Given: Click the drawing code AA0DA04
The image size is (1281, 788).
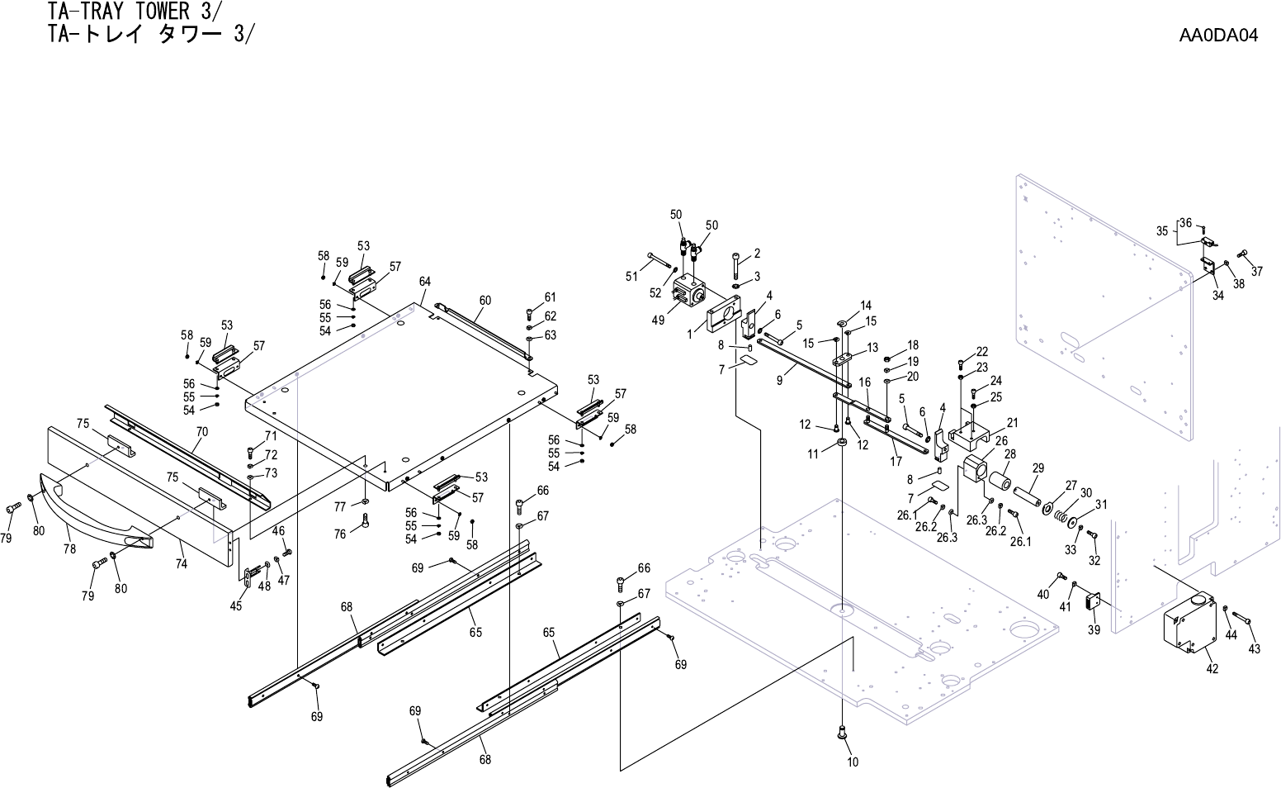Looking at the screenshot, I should click(x=1217, y=36).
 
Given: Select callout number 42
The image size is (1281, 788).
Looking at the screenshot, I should click(x=1212, y=669).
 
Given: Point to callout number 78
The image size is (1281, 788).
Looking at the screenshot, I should click(x=69, y=548).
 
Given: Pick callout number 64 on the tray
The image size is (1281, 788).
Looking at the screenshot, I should click(x=424, y=282).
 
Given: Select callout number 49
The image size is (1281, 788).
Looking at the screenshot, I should click(x=658, y=320).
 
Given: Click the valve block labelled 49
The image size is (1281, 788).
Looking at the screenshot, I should click(x=688, y=293).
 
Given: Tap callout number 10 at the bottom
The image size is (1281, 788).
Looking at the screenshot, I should click(x=853, y=762).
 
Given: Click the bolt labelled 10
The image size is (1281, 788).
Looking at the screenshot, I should click(x=841, y=730).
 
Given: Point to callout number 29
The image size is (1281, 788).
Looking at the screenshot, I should click(x=1038, y=468).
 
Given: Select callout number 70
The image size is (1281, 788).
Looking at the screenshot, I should click(x=202, y=432).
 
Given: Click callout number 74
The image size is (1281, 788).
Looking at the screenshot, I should click(x=181, y=564).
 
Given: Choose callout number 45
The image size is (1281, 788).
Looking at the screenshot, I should click(x=236, y=606).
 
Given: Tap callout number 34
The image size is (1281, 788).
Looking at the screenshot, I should click(x=1217, y=297).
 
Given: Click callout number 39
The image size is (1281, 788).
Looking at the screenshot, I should click(x=1094, y=629).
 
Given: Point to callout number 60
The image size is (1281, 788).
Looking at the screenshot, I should click(x=485, y=301).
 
